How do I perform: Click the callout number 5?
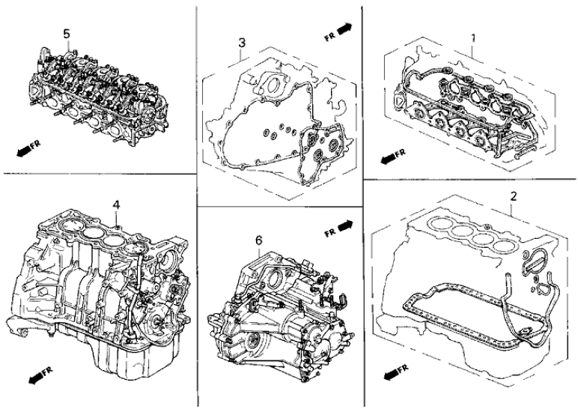coord(67,34)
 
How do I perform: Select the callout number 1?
coord(474,37)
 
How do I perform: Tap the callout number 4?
coord(116,203)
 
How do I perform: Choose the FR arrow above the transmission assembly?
coord(339,228)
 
